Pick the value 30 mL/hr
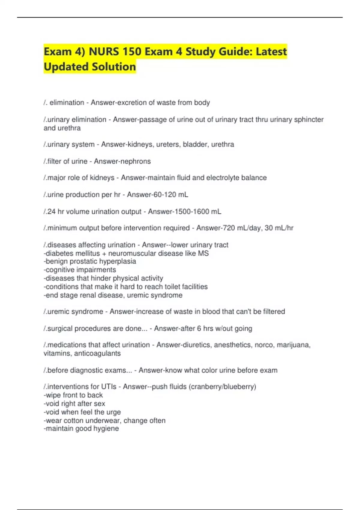(279, 228)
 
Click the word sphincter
(309, 120)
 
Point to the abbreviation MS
(203, 253)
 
